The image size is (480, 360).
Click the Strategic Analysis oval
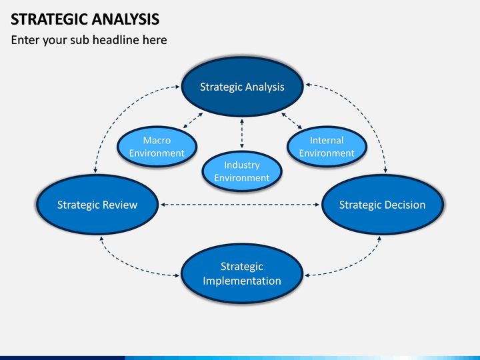242,87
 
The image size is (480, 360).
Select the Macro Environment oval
157,147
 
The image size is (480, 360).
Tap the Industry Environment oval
242,171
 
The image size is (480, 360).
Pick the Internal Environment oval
327,147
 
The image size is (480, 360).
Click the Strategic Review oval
97,205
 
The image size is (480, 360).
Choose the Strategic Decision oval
383,205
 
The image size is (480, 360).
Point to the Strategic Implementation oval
242,274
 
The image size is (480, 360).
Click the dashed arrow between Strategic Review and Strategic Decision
240,205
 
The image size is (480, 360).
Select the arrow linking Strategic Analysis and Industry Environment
242,134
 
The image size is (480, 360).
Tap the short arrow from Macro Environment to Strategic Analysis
193,120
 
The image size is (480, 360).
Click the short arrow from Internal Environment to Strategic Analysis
292,121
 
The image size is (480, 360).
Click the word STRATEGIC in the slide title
49,19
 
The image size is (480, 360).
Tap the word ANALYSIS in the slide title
125,19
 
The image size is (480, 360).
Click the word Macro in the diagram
157,140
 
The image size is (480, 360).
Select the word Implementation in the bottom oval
242,281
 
